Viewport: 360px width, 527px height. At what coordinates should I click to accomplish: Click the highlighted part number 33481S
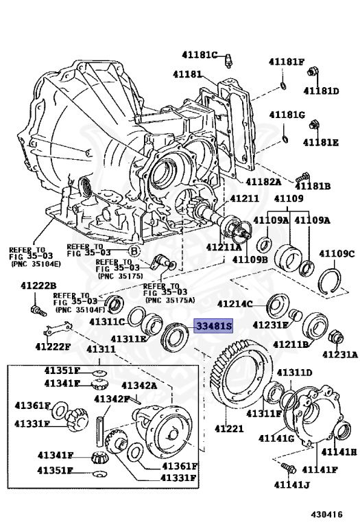pos(213,327)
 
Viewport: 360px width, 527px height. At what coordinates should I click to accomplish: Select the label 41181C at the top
pos(199,55)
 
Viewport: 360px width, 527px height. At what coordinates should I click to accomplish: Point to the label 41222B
pos(38,285)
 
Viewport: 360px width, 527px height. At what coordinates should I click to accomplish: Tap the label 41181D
pos(322,91)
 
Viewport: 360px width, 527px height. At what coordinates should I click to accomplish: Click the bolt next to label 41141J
pos(287,469)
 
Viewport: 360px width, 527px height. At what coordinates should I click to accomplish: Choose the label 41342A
pos(140,386)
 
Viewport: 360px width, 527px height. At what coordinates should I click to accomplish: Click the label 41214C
pos(235,303)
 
